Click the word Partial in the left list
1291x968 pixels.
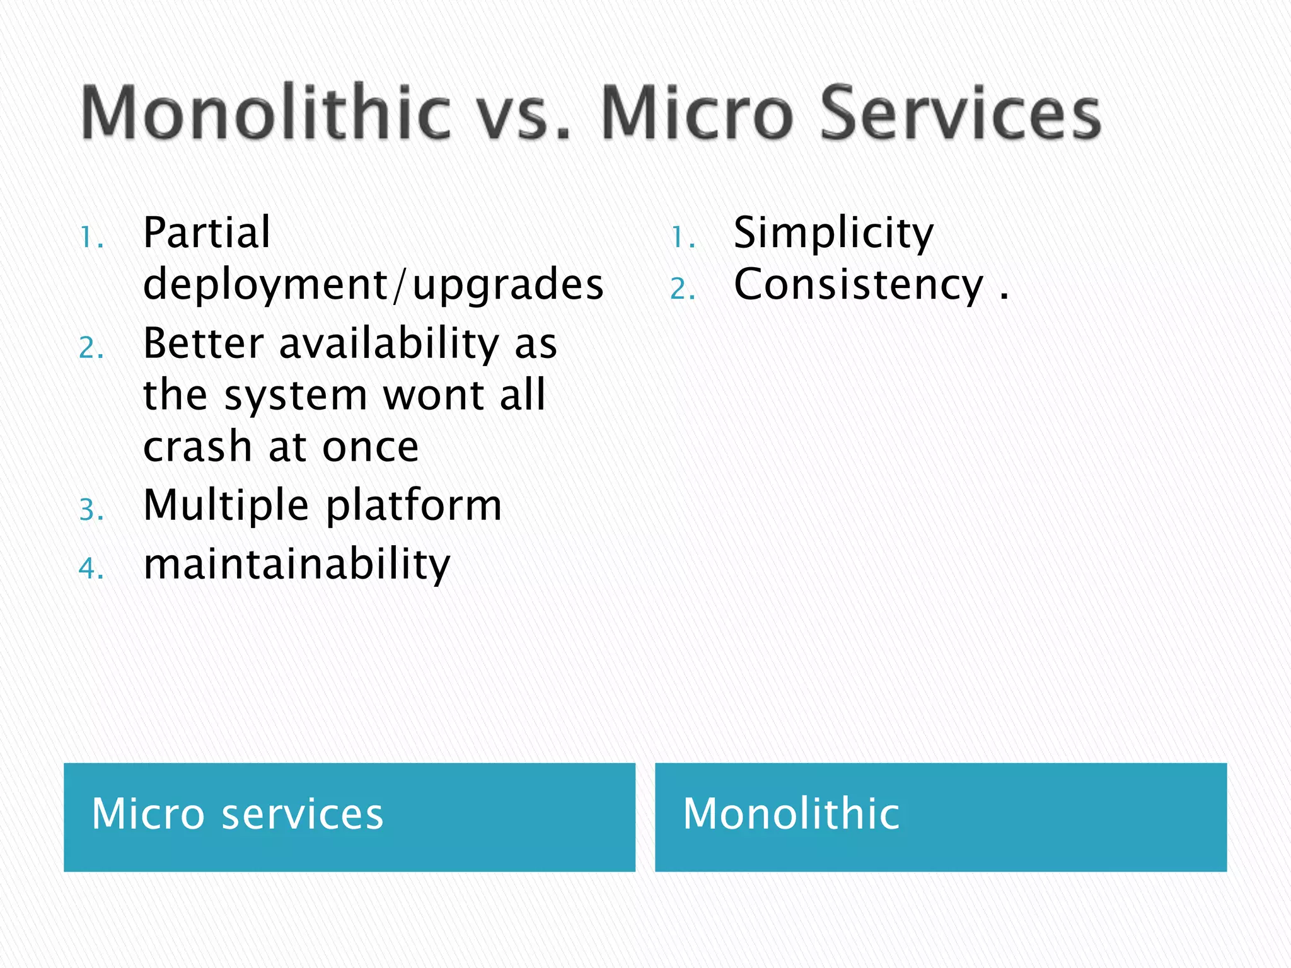coord(207,233)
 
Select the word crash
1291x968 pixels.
coord(198,447)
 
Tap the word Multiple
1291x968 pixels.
coord(226,506)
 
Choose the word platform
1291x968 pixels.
coord(414,506)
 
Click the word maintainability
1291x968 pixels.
coord(297,564)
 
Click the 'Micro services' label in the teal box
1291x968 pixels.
coord(238,814)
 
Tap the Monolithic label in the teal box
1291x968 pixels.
coord(791,814)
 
